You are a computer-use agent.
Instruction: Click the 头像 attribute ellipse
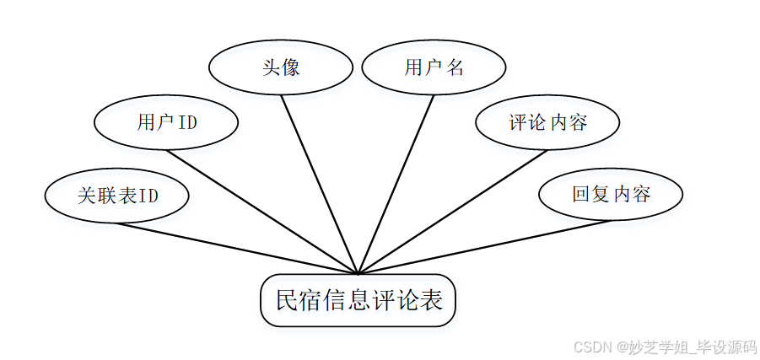click(280, 67)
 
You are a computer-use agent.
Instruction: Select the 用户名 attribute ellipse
click(434, 67)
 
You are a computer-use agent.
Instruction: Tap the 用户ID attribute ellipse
click(166, 122)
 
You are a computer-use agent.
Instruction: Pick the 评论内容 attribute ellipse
click(547, 122)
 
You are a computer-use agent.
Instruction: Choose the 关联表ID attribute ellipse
click(117, 196)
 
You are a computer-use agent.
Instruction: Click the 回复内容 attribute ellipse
click(611, 194)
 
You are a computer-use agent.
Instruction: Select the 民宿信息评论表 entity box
click(358, 300)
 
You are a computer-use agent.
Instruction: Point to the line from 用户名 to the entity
click(396, 182)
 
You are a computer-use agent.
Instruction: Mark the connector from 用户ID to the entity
click(261, 212)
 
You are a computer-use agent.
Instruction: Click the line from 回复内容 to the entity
click(485, 247)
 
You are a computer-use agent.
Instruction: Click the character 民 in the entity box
click(288, 300)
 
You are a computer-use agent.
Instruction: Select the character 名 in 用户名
click(455, 67)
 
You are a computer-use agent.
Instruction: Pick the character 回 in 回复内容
click(580, 194)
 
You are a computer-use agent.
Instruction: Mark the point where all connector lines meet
click(358, 274)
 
